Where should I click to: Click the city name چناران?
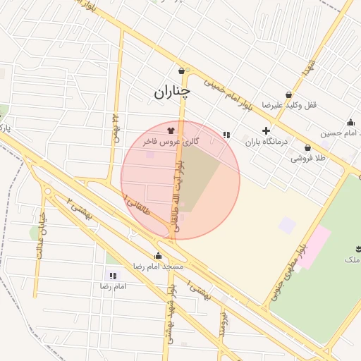click(171, 91)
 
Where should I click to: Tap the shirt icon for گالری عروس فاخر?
click(170, 130)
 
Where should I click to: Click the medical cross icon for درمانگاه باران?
click(266, 130)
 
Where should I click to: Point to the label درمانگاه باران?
click(267, 142)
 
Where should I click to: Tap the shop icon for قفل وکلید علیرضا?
click(288, 95)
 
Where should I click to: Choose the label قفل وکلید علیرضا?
click(289, 105)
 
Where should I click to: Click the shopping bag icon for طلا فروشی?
click(307, 148)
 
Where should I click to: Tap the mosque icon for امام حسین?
click(350, 122)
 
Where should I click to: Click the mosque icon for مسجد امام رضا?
click(158, 256)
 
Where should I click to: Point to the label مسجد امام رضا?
click(159, 267)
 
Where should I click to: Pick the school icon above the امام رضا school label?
click(113, 276)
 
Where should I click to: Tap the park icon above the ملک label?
click(358, 249)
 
